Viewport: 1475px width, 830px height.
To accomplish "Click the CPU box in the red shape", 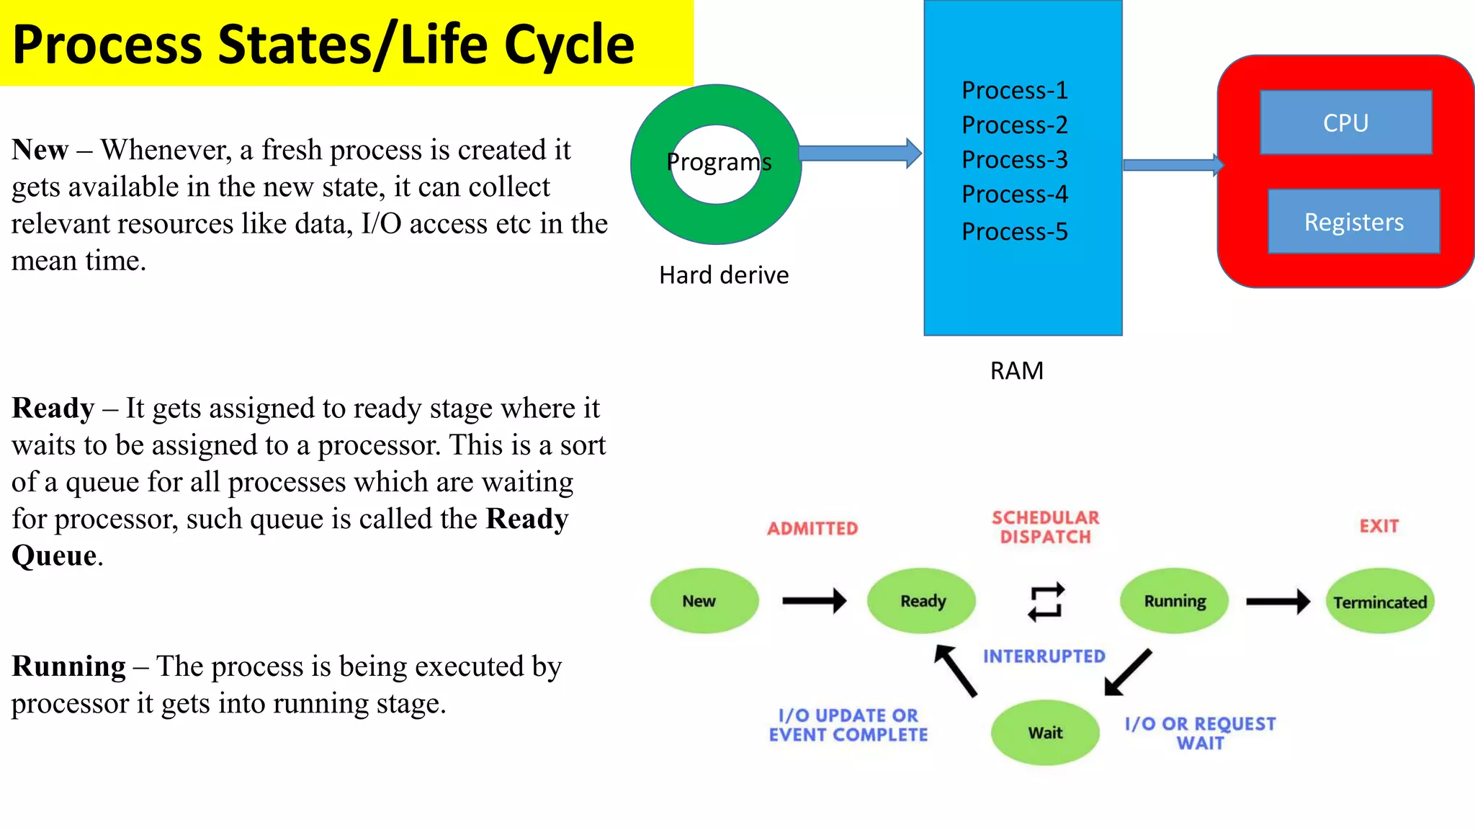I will (x=1345, y=122).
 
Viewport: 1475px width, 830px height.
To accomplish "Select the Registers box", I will (x=1353, y=222).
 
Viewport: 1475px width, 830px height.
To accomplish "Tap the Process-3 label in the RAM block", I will (x=1014, y=159).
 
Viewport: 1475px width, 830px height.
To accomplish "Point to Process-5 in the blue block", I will (x=1014, y=231).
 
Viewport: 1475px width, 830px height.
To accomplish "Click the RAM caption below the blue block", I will (x=1016, y=370).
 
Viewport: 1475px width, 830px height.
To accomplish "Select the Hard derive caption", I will (x=724, y=275).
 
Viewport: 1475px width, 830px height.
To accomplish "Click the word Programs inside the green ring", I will (x=719, y=162).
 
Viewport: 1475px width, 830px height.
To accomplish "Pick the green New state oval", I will (x=704, y=601).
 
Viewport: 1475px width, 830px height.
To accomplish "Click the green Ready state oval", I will (x=921, y=601).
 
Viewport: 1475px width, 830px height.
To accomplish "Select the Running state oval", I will (x=1174, y=601).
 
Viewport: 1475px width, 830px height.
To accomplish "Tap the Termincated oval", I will (x=1379, y=602).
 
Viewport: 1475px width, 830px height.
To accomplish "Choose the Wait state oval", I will (x=1045, y=733).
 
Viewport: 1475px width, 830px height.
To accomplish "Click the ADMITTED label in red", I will (x=812, y=529).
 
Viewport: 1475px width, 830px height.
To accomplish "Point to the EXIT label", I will (x=1378, y=526).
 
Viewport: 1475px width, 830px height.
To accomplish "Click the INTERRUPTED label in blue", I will (x=1044, y=656).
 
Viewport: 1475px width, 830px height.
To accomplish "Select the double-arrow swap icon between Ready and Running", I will (x=1046, y=602).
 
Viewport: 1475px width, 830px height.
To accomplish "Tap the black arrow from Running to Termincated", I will (x=1277, y=602).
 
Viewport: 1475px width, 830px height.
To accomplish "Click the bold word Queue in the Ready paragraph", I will (x=54, y=556).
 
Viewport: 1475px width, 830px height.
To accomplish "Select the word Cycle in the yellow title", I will (x=569, y=45).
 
